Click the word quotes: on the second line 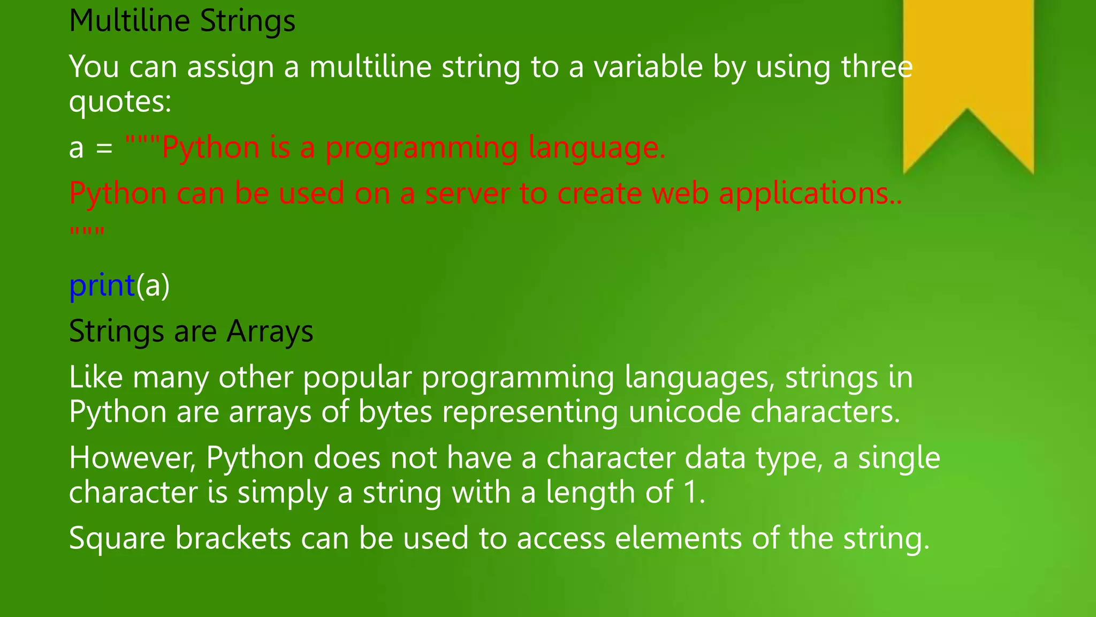[120, 102]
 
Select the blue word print [102, 285]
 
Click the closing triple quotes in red [87, 232]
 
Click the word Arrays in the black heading [270, 332]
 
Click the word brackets [233, 538]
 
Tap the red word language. [596, 148]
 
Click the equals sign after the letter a [104, 149]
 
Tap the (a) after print [153, 285]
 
